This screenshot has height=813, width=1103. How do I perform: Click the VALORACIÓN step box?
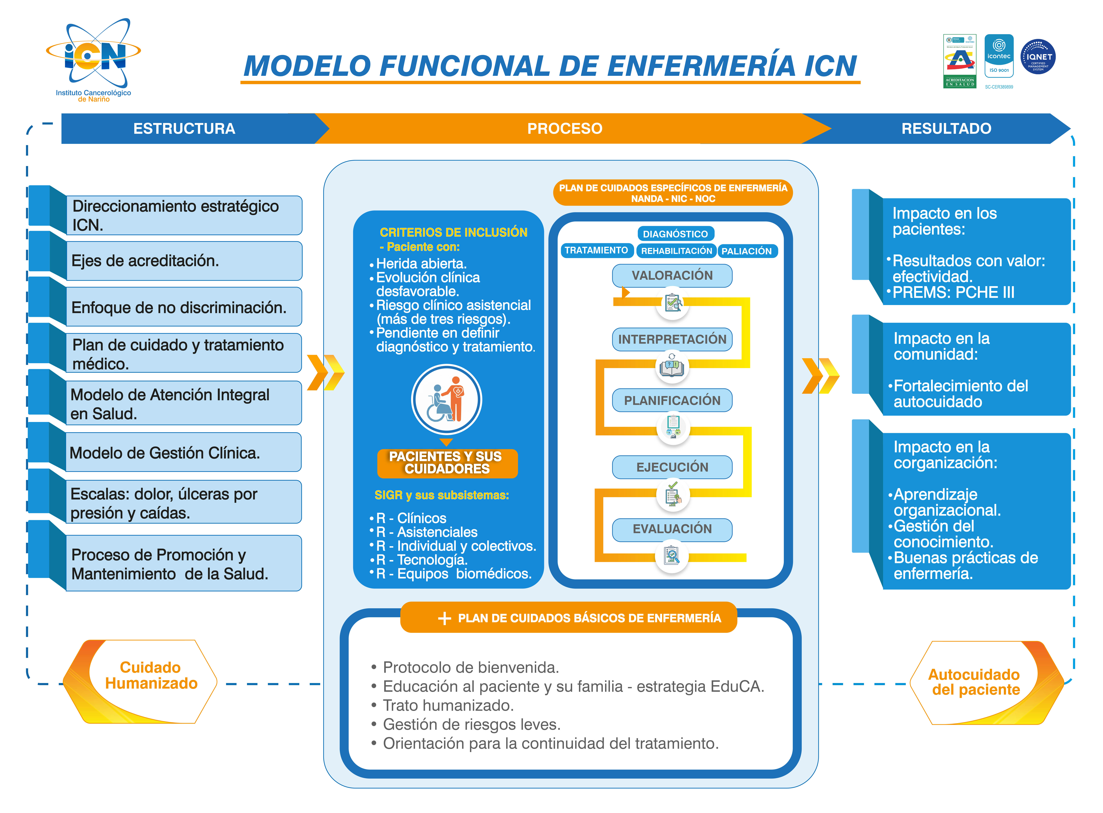[672, 276]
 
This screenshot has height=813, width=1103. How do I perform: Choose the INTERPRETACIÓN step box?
[672, 339]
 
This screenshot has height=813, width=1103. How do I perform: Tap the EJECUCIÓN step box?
[672, 467]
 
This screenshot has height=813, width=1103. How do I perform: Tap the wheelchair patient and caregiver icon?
[446, 399]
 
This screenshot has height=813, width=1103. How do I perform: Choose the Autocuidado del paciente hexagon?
[976, 683]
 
